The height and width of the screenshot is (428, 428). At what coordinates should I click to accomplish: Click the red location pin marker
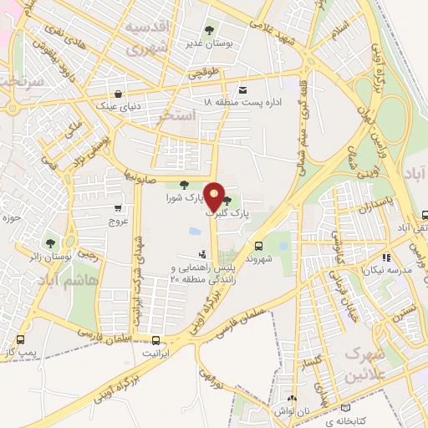[215, 196]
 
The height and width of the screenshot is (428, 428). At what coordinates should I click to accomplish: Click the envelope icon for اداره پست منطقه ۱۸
[243, 89]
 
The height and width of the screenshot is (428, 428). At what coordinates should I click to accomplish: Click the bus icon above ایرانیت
[155, 340]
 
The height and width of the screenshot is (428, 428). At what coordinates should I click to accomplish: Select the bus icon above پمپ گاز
[20, 340]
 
